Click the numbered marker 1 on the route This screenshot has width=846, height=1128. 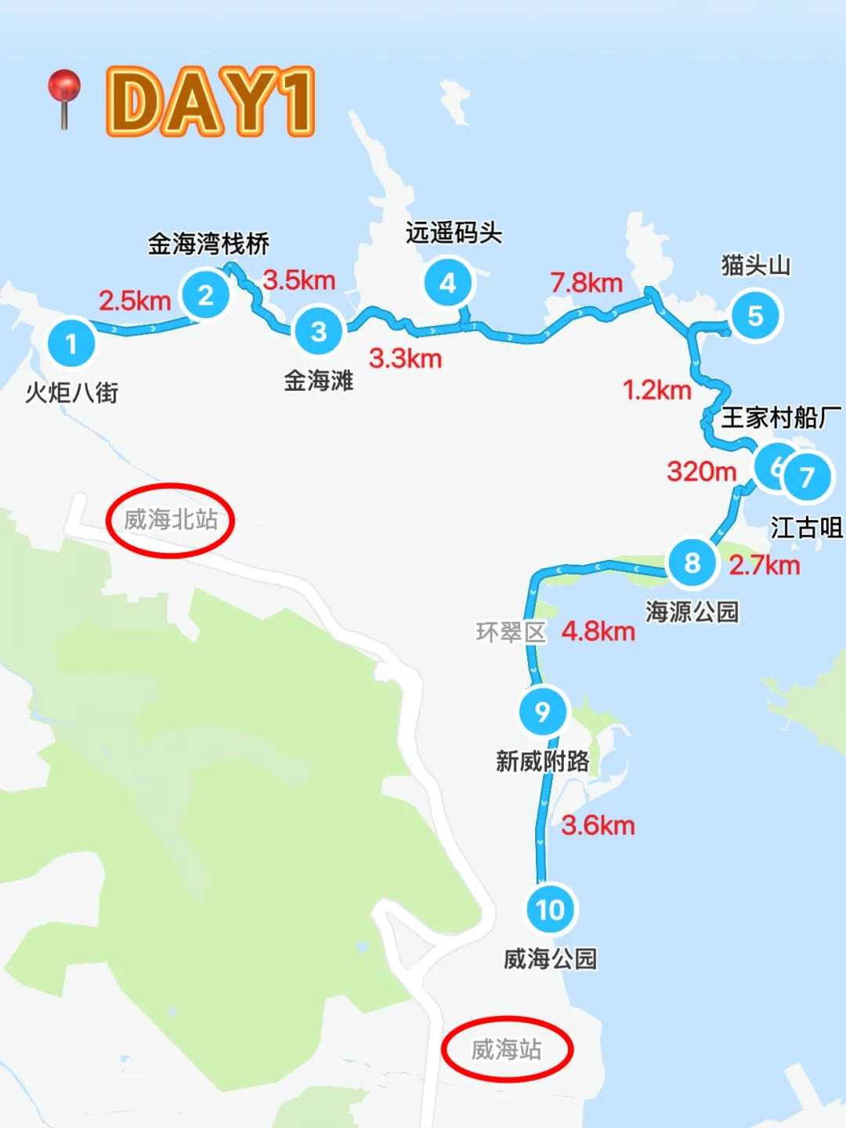pos(71,343)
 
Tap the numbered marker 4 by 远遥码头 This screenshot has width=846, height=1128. pos(448,283)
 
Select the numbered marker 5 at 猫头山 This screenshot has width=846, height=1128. pos(755,316)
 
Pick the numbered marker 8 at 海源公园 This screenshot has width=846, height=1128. pos(692,562)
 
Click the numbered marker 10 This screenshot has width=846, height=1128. pos(550,909)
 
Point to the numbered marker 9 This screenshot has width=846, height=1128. pos(542,711)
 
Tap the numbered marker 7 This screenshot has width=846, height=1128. pos(807,476)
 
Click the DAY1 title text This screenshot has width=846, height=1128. pos(210,102)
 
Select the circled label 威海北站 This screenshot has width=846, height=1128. pos(171,519)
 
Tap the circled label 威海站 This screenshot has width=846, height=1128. pos(507,1050)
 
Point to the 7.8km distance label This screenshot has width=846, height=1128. pos(586,283)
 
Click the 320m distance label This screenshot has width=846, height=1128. pos(701,472)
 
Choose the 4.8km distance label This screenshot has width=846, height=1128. pos(598,631)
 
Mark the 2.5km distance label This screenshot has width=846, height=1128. pos(135,300)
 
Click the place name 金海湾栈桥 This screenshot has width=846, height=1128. pos(208,244)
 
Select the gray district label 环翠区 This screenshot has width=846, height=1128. pos(511,632)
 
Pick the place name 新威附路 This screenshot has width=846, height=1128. pos(542,761)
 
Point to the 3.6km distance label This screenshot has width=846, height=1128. pos(598,826)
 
